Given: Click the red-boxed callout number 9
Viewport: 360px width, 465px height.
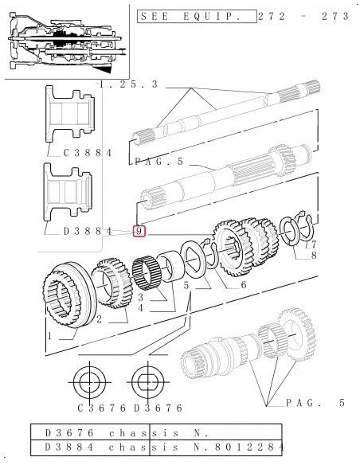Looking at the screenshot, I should [139, 231].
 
